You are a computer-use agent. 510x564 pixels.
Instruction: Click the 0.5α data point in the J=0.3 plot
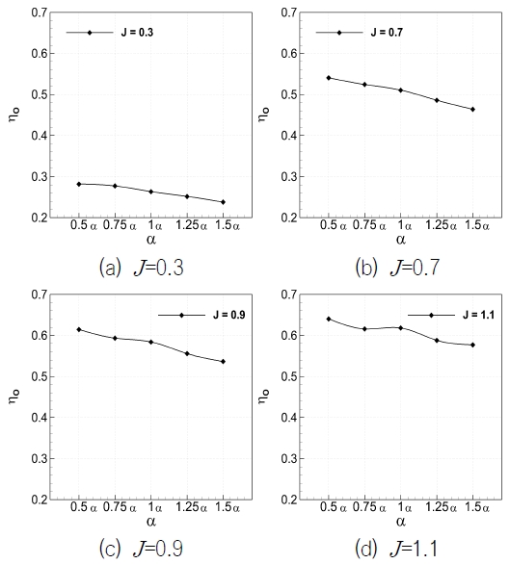[79, 184]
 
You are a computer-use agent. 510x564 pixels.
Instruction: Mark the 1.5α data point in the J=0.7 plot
[472, 109]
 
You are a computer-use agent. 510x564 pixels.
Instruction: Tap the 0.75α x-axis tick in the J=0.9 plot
[116, 507]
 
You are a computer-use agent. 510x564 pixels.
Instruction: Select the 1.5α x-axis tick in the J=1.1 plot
[473, 507]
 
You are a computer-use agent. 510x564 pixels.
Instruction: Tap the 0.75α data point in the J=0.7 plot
[364, 85]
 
